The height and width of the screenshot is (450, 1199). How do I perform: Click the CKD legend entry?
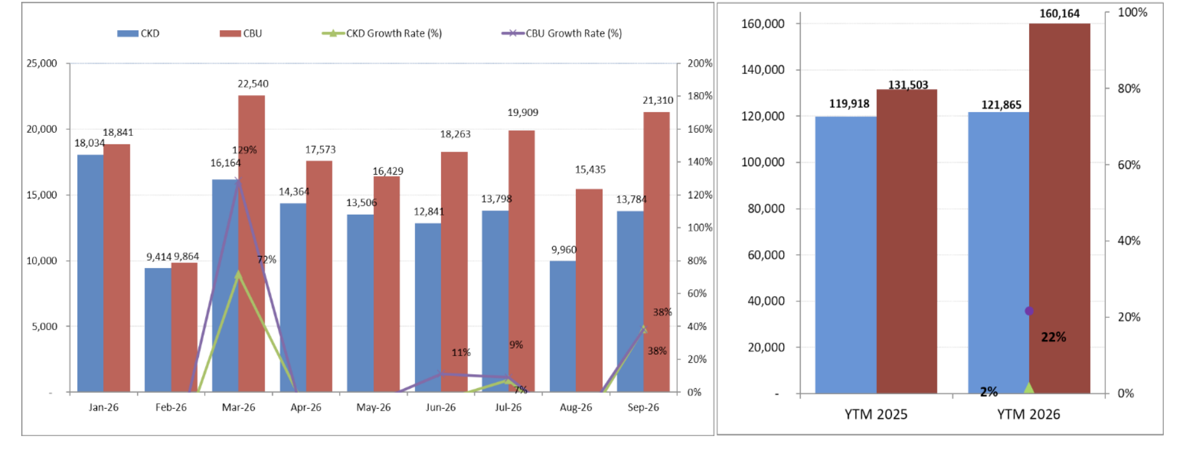click(x=138, y=33)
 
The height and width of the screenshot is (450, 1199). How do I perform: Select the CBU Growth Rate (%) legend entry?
click(x=562, y=33)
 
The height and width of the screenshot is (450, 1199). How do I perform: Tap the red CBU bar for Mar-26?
click(x=251, y=244)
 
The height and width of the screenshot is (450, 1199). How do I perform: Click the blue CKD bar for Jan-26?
click(x=90, y=274)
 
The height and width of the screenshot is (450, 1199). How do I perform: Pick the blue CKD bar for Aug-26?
click(x=562, y=326)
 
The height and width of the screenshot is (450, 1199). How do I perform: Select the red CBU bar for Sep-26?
click(x=657, y=252)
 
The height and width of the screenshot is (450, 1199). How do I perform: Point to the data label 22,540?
click(x=253, y=84)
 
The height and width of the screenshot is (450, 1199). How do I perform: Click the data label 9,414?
click(x=159, y=257)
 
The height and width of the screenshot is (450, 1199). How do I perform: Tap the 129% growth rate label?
click(x=245, y=150)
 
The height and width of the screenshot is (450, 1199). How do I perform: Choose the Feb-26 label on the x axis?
click(x=171, y=408)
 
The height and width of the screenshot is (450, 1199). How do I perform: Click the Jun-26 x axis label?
click(x=441, y=408)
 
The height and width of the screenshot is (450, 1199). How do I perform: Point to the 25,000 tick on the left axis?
click(x=42, y=63)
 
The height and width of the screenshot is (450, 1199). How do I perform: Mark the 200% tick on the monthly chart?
click(x=700, y=63)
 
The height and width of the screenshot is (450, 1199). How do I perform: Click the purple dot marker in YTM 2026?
click(x=1029, y=311)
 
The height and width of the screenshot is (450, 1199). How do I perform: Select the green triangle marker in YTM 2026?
click(x=1029, y=388)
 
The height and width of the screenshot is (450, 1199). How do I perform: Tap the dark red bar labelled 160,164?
click(x=1059, y=209)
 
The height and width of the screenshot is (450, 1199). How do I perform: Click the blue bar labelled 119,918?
click(x=846, y=255)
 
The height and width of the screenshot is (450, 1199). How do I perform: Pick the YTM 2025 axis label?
click(x=876, y=414)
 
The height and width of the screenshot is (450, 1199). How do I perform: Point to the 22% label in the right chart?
click(x=1053, y=337)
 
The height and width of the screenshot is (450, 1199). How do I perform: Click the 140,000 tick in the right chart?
click(x=763, y=70)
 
